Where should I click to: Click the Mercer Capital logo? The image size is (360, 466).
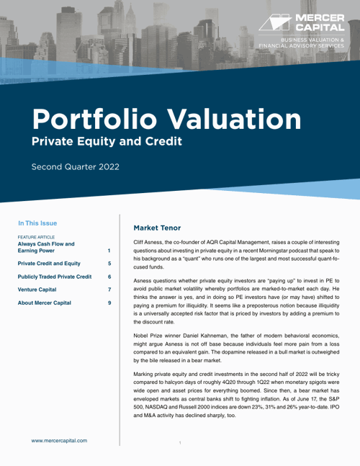click(302, 24)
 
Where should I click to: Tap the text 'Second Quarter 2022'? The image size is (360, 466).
click(75, 167)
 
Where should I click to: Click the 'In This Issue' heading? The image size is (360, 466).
click(37, 223)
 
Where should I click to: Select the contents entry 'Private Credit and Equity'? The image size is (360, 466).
click(49, 264)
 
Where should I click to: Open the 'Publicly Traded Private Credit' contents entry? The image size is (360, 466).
click(55, 277)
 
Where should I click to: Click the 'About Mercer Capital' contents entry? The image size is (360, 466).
click(44, 303)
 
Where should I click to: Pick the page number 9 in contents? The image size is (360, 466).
click(109, 303)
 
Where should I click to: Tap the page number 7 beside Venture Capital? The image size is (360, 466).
click(109, 290)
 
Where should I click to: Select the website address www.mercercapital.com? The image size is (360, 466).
click(59, 440)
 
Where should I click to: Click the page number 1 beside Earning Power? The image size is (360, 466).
click(109, 251)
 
